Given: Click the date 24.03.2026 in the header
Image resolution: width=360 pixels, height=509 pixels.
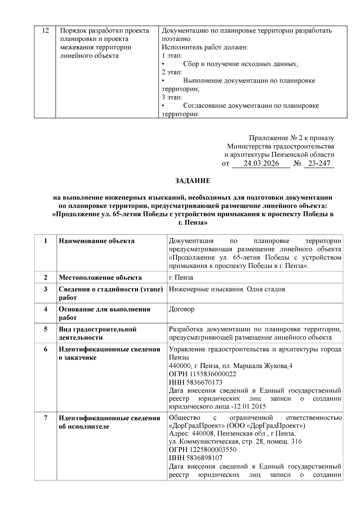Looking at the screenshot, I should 261,163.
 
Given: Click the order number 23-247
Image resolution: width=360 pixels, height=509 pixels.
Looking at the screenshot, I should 319,163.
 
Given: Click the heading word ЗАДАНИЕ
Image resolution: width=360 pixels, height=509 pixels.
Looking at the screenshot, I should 193,181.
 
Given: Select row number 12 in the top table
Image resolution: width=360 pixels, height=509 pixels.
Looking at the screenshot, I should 45,31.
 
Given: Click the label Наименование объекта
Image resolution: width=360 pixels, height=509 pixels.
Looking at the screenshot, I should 97,241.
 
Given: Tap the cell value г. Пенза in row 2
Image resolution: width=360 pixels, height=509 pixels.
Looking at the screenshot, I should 181,277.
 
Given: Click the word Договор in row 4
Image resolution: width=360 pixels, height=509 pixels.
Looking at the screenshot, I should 181,309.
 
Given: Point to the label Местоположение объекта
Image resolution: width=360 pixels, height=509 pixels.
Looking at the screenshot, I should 100,277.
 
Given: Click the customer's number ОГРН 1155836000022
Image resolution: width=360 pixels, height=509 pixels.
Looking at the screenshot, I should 202,374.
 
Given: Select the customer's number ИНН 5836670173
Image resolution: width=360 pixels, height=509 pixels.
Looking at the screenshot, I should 196,382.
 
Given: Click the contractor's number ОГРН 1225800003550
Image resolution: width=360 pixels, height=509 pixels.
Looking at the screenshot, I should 202,450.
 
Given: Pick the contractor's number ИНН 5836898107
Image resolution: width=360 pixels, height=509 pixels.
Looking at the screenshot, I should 196,458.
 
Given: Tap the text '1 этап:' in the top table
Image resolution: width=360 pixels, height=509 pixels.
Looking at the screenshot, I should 172,56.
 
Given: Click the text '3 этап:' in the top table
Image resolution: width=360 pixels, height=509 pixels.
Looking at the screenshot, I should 172,97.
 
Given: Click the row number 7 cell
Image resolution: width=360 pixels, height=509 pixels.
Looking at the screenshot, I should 46,418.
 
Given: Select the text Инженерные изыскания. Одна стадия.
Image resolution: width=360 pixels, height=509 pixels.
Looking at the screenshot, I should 228,289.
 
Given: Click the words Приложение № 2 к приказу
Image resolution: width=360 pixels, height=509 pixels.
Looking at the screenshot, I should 291,138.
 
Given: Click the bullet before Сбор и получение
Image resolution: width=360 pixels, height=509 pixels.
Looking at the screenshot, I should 163,64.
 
